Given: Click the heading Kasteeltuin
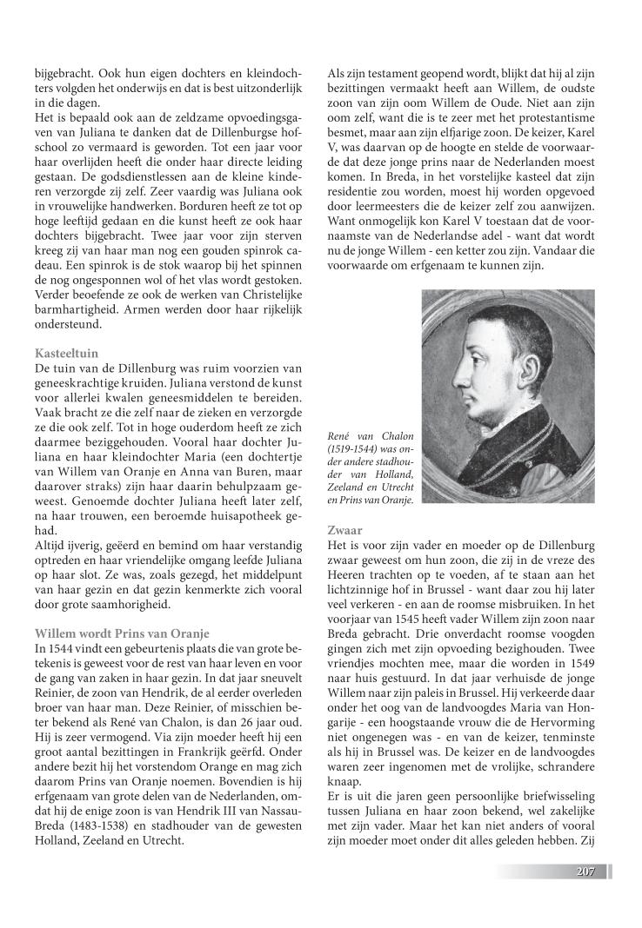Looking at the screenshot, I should pos(66,354).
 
